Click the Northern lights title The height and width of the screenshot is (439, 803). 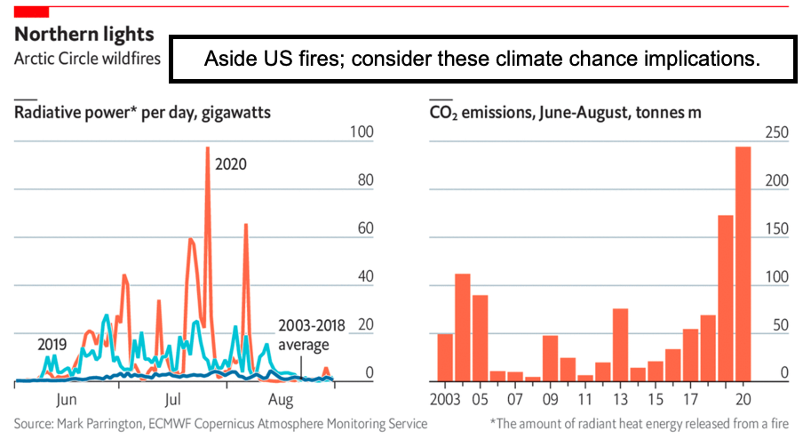tap(84, 35)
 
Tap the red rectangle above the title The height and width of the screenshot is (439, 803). tap(30, 10)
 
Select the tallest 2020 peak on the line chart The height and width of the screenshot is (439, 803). tap(207, 149)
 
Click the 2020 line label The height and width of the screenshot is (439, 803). tap(230, 164)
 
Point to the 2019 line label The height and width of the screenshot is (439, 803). tap(53, 344)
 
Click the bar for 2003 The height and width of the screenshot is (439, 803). tap(445, 357)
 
